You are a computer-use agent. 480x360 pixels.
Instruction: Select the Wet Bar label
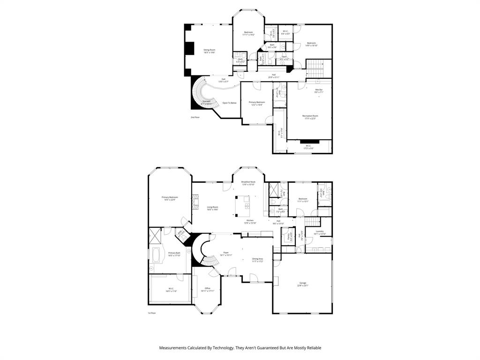319,90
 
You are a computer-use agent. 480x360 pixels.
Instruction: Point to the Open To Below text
230,103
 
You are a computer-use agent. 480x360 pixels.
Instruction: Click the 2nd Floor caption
195,117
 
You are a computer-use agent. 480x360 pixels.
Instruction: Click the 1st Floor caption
151,313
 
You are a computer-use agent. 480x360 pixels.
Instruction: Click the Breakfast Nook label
248,183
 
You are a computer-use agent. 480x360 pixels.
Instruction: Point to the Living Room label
212,208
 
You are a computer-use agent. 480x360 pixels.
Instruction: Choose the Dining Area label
257,260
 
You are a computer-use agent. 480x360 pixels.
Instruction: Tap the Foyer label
226,254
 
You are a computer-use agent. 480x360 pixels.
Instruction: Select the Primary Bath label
174,254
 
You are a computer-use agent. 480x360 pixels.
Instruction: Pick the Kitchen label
250,221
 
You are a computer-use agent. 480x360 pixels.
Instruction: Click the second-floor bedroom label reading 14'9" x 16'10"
311,44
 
